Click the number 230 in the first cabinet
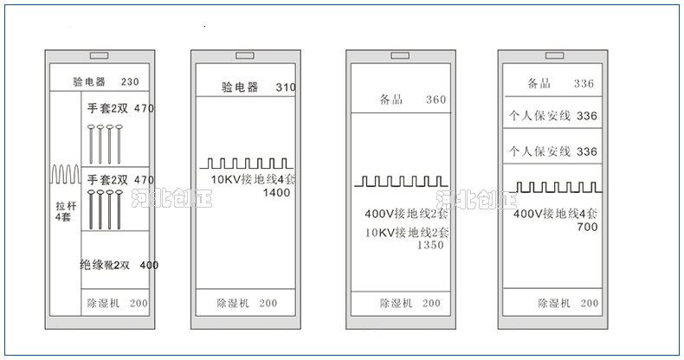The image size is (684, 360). point(130,83)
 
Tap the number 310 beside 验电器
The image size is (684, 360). point(286,87)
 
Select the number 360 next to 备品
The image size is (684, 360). point(436,100)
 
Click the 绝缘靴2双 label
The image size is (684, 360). point(105,265)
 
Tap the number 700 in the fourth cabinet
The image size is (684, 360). point(586,227)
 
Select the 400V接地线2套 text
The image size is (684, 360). point(406,213)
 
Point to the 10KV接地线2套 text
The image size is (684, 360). point(406,232)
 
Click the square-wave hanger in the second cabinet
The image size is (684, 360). point(248,163)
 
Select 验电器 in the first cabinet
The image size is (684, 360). point(89,82)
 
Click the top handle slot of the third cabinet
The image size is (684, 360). point(400,56)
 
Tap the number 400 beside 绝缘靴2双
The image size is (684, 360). point(149,265)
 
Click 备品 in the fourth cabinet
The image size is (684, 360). point(539,83)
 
